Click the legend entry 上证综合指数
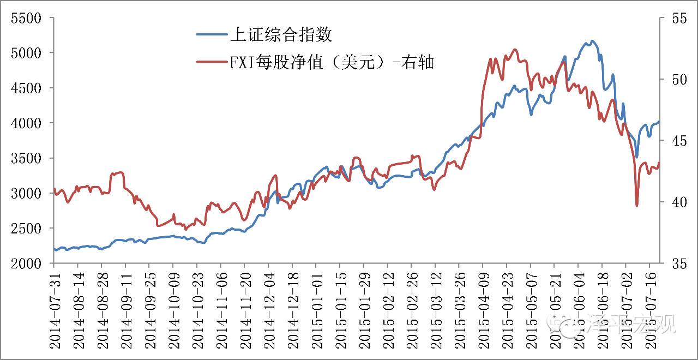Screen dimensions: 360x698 281,35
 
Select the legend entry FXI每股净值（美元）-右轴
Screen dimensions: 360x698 332,62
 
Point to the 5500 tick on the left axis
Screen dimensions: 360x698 26,18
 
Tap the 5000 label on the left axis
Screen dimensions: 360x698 26,53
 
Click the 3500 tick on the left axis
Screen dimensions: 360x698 26,158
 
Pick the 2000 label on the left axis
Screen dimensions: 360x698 26,263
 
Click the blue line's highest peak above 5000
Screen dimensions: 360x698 592,41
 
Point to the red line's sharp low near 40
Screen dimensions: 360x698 636,206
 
